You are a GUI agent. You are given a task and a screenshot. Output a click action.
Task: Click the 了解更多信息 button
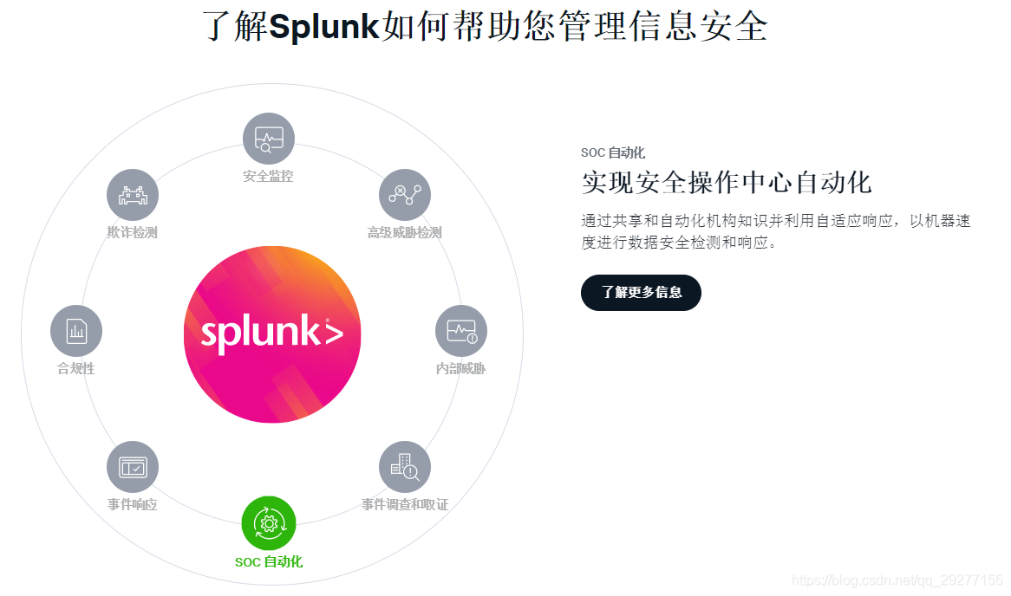click(x=641, y=293)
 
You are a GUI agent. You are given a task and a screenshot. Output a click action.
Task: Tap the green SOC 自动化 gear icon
click(x=269, y=523)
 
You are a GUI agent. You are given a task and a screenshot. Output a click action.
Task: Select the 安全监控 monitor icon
click(x=268, y=139)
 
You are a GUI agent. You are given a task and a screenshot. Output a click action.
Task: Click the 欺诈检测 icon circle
click(x=132, y=195)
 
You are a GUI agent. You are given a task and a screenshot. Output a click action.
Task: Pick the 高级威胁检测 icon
click(x=404, y=194)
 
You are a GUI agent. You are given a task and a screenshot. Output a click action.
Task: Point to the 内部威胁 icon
click(x=460, y=331)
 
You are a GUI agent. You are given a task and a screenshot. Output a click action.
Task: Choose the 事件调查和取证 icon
click(x=404, y=468)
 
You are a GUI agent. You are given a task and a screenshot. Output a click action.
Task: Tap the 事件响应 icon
click(x=132, y=468)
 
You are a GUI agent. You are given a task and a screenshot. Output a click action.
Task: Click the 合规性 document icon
click(x=76, y=331)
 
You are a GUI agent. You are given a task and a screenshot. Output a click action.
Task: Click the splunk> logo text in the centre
click(x=271, y=334)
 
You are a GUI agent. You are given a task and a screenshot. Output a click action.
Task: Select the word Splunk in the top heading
click(x=324, y=27)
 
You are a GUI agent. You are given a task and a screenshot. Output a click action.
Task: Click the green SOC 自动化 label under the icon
click(x=269, y=562)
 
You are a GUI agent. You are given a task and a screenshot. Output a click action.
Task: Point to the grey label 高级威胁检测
click(x=404, y=232)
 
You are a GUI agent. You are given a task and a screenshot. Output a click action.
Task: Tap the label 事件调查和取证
click(x=405, y=504)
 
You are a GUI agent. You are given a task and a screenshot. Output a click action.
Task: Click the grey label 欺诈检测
click(x=132, y=232)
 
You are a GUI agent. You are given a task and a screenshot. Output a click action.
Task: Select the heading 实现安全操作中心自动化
click(x=726, y=183)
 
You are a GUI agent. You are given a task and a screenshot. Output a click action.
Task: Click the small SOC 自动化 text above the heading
click(x=612, y=153)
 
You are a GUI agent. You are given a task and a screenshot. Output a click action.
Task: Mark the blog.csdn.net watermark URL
click(x=897, y=580)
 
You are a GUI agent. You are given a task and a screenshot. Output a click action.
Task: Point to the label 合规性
click(x=76, y=368)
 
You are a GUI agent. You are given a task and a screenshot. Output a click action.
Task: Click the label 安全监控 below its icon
click(x=268, y=176)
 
